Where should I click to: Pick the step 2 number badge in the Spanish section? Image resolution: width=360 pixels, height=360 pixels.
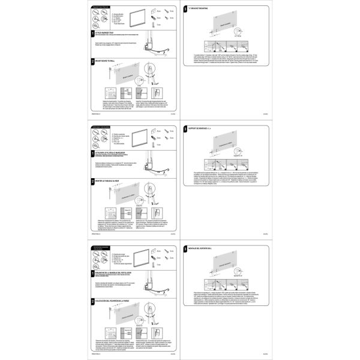click(92, 300)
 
